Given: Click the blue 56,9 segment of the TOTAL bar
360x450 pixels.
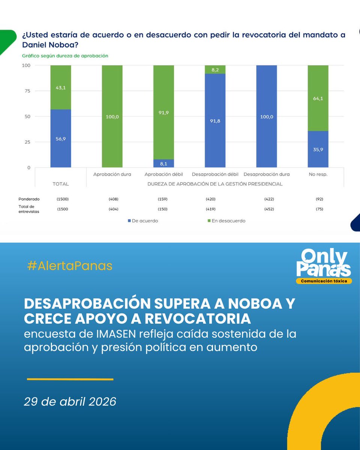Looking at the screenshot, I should coord(61,138).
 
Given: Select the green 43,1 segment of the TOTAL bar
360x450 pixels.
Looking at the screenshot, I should coord(61,87).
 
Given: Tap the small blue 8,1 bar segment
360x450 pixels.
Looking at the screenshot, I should coord(163,163).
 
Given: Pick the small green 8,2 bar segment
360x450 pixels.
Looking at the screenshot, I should coord(215,69).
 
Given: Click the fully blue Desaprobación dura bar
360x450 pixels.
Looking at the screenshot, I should coord(267,116).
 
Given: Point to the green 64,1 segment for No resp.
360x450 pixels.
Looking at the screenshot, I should coord(318,98).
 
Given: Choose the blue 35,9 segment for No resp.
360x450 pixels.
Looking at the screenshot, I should coord(318,149).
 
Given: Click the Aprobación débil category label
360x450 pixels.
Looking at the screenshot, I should coord(163,174).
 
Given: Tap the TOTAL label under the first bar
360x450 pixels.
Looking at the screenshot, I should coord(61,184).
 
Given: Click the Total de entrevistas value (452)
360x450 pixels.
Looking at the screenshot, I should coord(267,209).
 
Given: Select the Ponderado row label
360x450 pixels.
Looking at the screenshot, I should coord(29,199).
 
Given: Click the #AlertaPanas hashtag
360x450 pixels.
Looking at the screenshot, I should coord(70,266).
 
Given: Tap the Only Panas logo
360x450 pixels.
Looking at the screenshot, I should coord(324,266).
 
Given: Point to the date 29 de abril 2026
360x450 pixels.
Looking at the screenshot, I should coord(70,402).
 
